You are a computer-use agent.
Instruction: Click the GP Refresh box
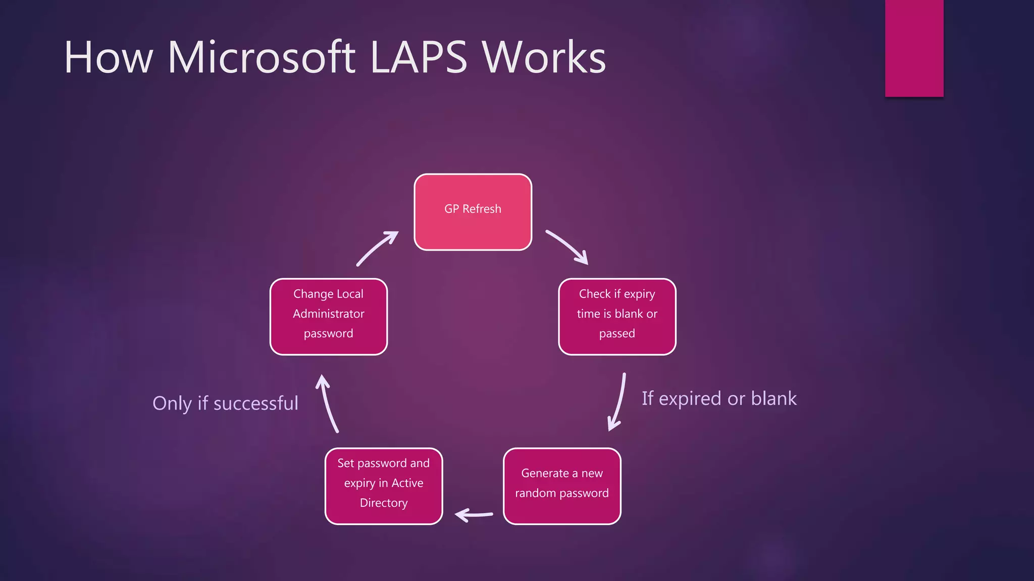(x=473, y=212)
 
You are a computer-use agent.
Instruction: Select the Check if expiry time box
(x=617, y=317)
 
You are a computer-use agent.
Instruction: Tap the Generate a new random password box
(x=562, y=486)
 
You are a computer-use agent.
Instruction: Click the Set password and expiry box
(x=384, y=486)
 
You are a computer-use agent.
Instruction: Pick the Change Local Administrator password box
(x=329, y=317)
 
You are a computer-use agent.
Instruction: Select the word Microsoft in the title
(x=262, y=57)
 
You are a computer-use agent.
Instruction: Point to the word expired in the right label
(x=691, y=398)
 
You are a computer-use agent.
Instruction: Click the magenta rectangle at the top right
(x=914, y=48)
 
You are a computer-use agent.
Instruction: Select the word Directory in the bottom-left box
(x=384, y=503)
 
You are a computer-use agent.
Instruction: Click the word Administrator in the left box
(x=329, y=314)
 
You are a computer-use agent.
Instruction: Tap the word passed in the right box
(x=617, y=333)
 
